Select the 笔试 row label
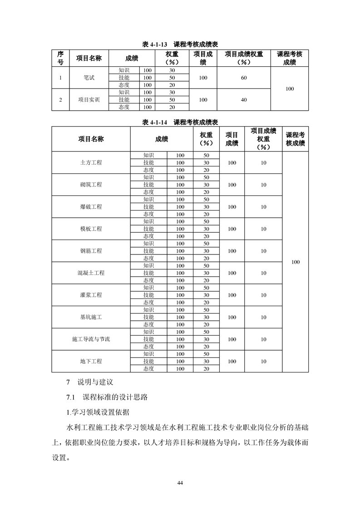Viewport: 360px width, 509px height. click(x=89, y=78)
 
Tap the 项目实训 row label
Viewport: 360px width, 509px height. click(x=89, y=100)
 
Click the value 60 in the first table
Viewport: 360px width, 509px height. click(x=244, y=78)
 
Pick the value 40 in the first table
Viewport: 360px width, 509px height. click(x=244, y=100)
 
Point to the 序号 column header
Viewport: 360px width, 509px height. click(x=60, y=58)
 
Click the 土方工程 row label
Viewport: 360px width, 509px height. click(x=91, y=162)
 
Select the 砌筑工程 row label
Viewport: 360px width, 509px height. click(x=91, y=185)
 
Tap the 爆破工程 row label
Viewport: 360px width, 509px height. click(x=91, y=207)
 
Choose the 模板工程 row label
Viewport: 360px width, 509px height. click(x=91, y=229)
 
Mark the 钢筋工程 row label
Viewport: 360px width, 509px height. click(x=91, y=251)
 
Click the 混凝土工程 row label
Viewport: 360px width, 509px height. click(x=91, y=273)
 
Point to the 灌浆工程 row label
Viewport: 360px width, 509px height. click(x=91, y=295)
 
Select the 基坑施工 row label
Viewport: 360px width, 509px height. click(x=91, y=318)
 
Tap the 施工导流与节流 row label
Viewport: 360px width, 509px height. click(x=91, y=339)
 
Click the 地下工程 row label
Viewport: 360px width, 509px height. click(x=91, y=362)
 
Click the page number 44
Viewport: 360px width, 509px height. click(x=180, y=482)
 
